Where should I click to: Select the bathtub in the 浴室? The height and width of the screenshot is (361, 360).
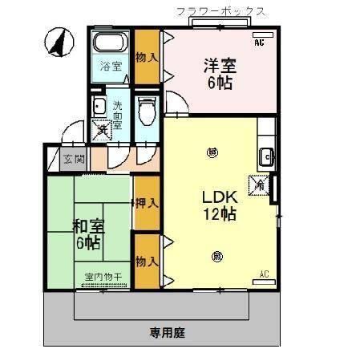pos(109,44)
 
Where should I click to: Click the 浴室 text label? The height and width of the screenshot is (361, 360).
pos(111,66)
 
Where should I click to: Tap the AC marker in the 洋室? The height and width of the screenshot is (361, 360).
pos(259,43)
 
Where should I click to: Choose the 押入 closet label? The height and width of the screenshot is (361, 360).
pos(145,204)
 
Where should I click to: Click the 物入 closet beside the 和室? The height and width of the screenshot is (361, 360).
pos(145,261)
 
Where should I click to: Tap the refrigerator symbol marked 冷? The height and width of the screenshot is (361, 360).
pos(261,185)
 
